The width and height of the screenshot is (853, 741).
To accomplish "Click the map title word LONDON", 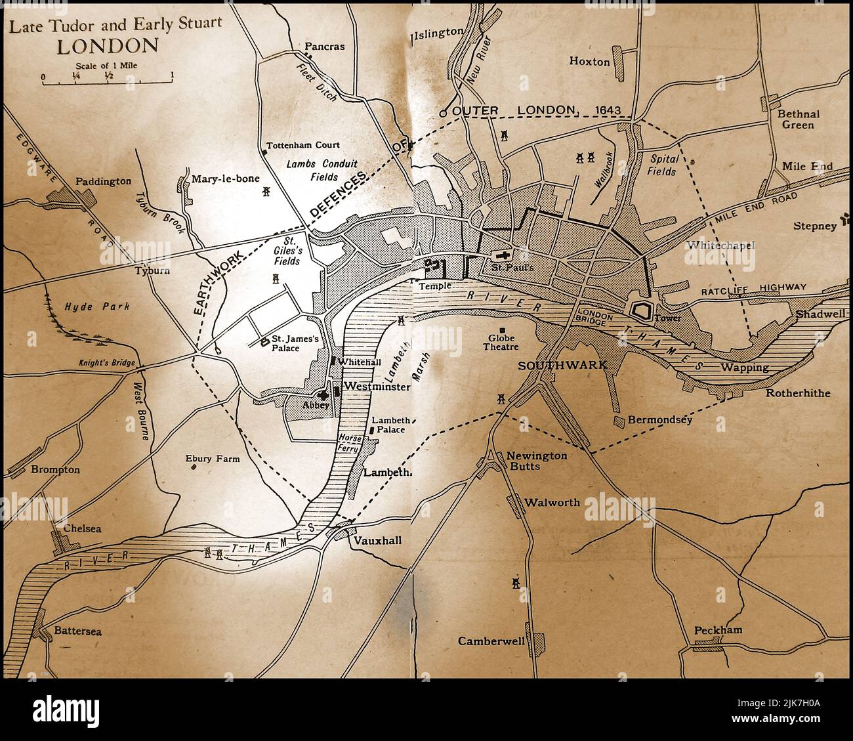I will pos(108,46).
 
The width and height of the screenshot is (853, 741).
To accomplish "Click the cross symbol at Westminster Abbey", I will pos(323,396).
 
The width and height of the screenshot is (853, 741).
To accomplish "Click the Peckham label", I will pos(718,630).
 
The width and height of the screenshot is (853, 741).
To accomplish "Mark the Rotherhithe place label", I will pos(797,393).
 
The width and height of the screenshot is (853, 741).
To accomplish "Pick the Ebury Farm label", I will pos(212,459).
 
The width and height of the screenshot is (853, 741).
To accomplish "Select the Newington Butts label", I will pos(528,460).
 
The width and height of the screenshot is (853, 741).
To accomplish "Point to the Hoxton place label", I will pos(589,62).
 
